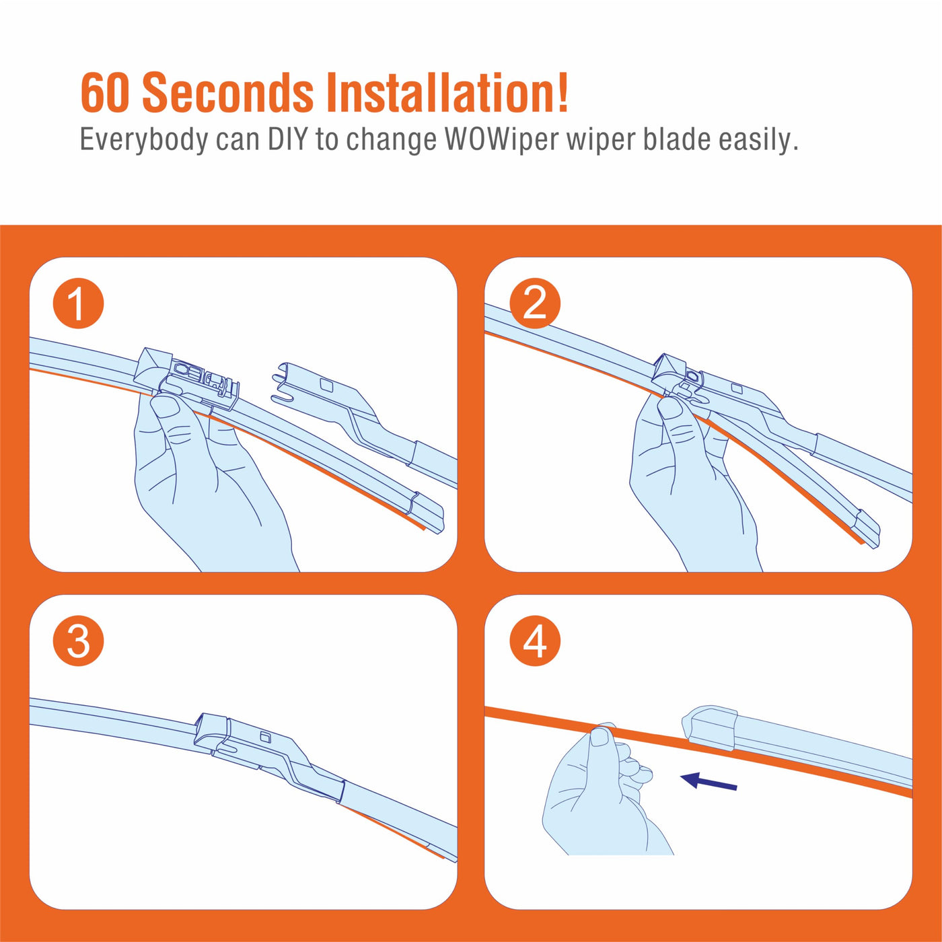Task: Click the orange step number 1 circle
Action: (78, 303)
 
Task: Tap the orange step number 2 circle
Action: (535, 303)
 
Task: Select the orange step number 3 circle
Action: (78, 641)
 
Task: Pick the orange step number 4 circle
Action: (535, 641)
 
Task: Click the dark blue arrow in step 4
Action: (709, 781)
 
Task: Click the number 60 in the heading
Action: (105, 92)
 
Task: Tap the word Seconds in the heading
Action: (228, 92)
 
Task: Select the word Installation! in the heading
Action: (447, 92)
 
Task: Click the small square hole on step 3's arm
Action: (265, 737)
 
